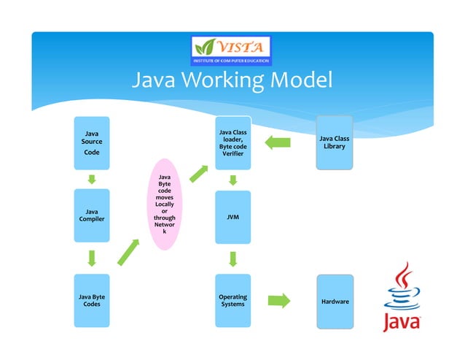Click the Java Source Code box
(x=92, y=143)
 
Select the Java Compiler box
(x=92, y=215)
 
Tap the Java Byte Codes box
(x=92, y=300)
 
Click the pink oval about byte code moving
(x=164, y=204)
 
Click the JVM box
(x=233, y=217)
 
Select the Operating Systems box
(x=233, y=300)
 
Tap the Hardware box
(x=335, y=301)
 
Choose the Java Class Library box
(x=335, y=142)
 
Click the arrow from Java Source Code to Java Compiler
(x=93, y=179)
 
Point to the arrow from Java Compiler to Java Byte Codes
(x=93, y=258)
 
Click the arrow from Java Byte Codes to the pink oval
(x=128, y=251)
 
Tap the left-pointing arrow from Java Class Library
(x=278, y=142)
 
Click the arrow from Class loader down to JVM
(x=233, y=180)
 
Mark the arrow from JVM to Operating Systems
(x=233, y=258)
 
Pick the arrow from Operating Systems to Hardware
(x=279, y=300)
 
